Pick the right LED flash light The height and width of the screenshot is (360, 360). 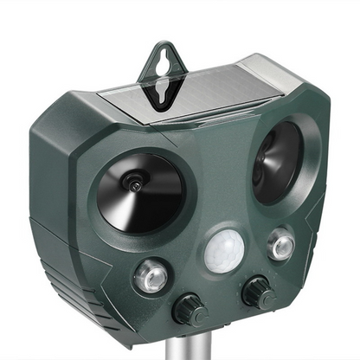coord(280,245)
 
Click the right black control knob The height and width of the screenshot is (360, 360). coord(258,292)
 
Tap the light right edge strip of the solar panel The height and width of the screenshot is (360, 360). coord(290,74)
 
